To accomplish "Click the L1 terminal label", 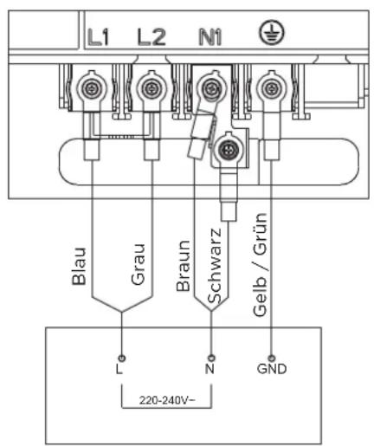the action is pos(98,37).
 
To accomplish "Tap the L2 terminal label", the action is pos(152,37).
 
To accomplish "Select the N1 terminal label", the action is pos(210,37).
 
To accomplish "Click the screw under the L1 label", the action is pos(92,88).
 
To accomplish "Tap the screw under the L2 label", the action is pos(151,88).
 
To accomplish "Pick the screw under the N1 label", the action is pos(212,88).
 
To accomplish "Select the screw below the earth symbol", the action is pos(271,88).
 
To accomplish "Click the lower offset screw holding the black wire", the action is pos(229,150).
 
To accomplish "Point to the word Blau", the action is pos(79,266).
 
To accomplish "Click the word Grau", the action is pos(138,265).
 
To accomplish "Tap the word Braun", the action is pos(183,266).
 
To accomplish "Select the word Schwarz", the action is pos(215,266).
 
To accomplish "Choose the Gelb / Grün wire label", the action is pos(260,265).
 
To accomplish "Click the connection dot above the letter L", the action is pos(122,358).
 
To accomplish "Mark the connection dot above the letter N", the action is pos(211,358).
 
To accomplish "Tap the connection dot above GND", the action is pos(271,358).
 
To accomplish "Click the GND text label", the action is pos(272,369).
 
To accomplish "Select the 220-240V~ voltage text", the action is pos(167,400).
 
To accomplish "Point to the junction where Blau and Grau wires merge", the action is pos(121,312).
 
